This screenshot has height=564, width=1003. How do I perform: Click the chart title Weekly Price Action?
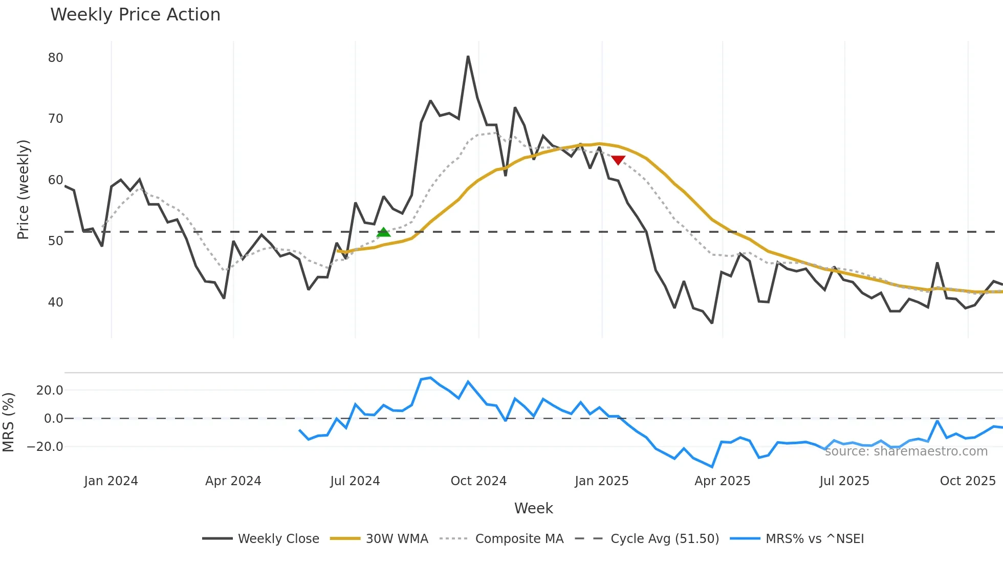point(135,15)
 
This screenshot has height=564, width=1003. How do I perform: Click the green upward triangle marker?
point(383,233)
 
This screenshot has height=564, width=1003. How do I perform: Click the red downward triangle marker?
point(618,160)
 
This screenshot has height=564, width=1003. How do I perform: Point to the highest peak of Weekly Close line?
point(468,57)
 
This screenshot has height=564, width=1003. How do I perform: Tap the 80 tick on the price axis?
point(55,58)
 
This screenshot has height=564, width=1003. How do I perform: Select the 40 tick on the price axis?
point(55,302)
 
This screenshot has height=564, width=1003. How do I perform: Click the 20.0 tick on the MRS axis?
point(50,391)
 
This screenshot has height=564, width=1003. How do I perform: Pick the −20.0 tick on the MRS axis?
point(45,447)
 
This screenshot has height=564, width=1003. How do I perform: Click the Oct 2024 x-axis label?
point(478,481)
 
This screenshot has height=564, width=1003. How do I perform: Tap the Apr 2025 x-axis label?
point(722,481)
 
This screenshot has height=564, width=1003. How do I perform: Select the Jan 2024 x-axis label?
point(111,481)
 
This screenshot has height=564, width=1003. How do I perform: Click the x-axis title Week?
point(533,508)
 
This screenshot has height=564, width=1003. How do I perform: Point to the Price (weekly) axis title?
point(24,189)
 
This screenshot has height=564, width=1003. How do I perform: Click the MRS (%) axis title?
point(9,422)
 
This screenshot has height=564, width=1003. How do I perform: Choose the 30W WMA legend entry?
point(397,539)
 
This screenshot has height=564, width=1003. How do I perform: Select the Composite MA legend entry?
point(519,539)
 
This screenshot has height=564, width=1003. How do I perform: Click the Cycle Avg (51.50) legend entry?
point(664,539)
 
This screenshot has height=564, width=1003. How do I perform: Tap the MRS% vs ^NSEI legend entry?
point(814,539)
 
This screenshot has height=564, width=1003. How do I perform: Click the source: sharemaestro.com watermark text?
point(906,451)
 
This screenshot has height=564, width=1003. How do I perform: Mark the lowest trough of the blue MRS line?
point(712,467)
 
